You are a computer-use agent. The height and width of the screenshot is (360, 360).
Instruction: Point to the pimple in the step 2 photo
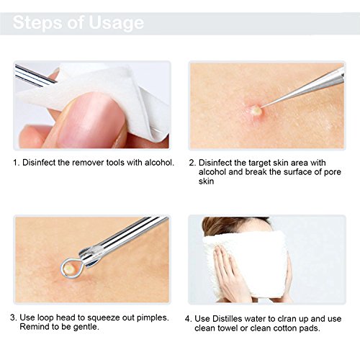(253, 110)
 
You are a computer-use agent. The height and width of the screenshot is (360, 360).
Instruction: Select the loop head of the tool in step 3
(68, 267)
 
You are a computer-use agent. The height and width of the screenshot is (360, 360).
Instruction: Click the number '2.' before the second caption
(192, 162)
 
